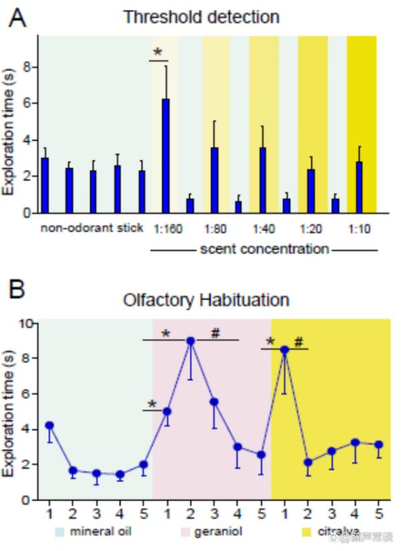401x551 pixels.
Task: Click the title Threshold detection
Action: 200,17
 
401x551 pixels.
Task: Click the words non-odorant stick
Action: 92,228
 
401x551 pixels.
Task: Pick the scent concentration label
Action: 265,249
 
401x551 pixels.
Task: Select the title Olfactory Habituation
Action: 206,300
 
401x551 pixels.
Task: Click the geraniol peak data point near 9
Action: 190,341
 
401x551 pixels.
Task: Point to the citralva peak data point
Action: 285,349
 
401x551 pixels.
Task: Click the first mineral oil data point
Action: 49,425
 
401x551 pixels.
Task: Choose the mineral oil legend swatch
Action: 61,532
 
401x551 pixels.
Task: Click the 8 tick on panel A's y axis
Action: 27,67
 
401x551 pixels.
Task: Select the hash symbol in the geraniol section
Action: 215,332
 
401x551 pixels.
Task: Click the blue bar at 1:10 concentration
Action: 360,187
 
